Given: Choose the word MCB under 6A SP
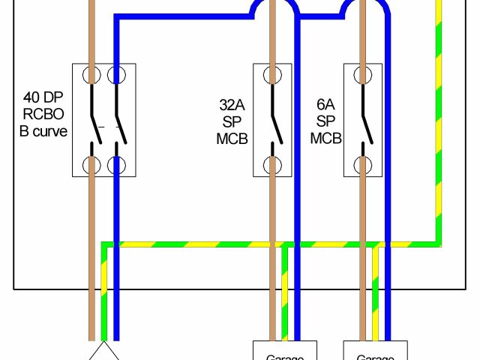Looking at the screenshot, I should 326,139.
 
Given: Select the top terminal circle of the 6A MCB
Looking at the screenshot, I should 364,75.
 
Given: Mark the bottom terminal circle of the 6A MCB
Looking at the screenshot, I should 364,165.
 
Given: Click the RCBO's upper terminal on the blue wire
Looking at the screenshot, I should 115,75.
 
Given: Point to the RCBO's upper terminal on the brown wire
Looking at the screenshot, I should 92,75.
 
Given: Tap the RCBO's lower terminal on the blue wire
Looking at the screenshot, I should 115,165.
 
